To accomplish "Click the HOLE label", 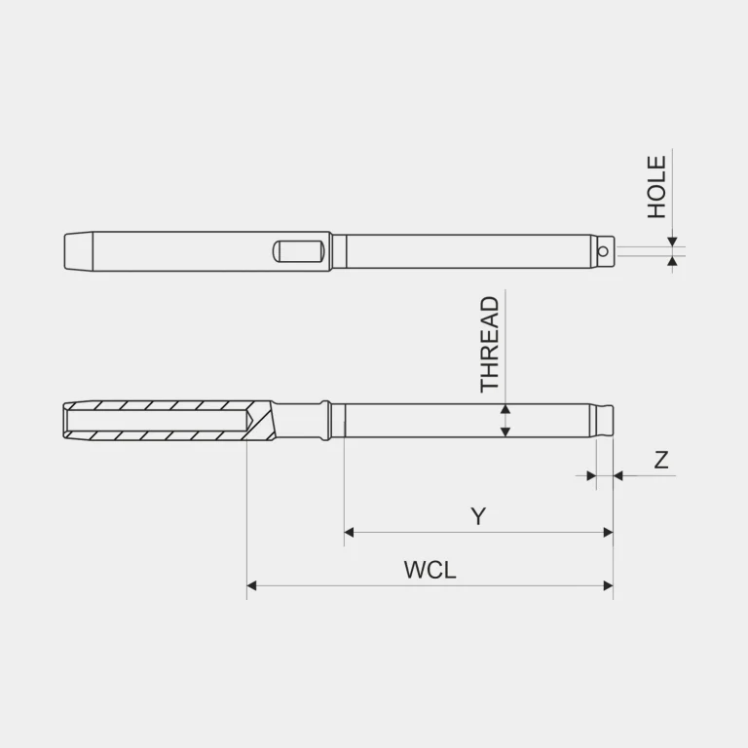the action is coord(656,187).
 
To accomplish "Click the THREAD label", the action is coord(490,345).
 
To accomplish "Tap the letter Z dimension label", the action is coord(661,460).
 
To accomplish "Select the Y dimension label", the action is coord(478,516).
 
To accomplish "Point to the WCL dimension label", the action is coord(430,570).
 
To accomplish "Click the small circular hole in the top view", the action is coord(603,251).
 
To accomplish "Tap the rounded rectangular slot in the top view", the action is coord(299,251).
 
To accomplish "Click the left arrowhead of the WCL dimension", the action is coord(252,585).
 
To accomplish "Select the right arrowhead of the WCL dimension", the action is coord(608,585).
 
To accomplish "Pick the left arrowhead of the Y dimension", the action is coord(350,532).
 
